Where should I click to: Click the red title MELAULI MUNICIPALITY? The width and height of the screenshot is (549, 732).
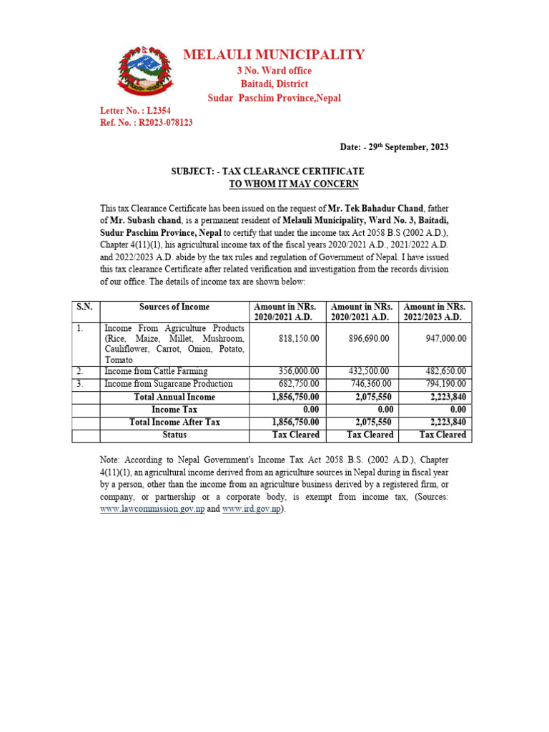click(x=274, y=55)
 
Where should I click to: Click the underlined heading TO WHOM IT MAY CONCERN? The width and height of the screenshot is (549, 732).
click(x=293, y=184)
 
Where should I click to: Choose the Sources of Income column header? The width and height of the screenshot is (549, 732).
click(x=174, y=307)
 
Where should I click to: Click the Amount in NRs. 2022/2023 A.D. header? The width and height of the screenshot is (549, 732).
click(x=435, y=312)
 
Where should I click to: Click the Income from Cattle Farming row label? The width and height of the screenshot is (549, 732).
click(x=156, y=371)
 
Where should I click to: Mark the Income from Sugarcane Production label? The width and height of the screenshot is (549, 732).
click(x=169, y=384)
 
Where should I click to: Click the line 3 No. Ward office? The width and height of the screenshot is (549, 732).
click(x=274, y=71)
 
